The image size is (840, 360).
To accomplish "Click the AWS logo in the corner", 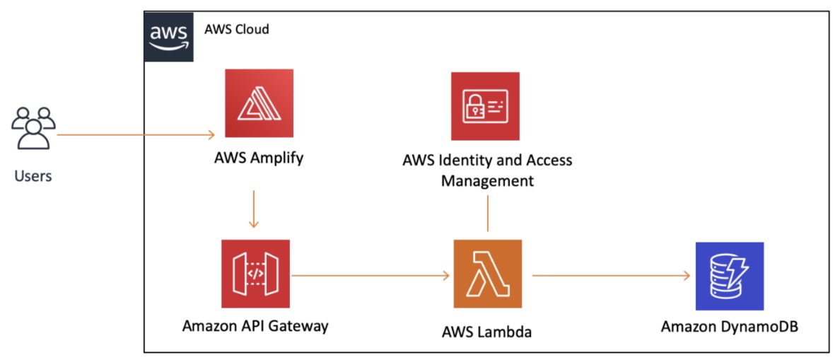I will pyautogui.click(x=169, y=36).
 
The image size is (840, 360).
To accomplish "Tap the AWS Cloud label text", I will pyautogui.click(x=236, y=30).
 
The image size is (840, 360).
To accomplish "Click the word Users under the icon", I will pyautogui.click(x=33, y=175).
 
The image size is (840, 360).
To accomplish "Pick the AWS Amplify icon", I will pyautogui.click(x=259, y=103).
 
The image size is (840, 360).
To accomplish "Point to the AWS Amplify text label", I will pyautogui.click(x=259, y=157).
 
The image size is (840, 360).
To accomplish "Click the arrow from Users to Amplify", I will pyautogui.click(x=134, y=134).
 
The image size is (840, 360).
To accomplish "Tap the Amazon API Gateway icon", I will pyautogui.click(x=256, y=274).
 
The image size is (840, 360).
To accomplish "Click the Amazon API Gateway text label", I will pyautogui.click(x=255, y=326).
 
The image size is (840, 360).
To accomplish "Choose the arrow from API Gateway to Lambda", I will pyautogui.click(x=371, y=275).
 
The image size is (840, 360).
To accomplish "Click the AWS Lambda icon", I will pyautogui.click(x=487, y=274).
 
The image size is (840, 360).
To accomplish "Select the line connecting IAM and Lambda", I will pyautogui.click(x=487, y=213).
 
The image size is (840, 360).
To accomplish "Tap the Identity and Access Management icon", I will pyautogui.click(x=485, y=106).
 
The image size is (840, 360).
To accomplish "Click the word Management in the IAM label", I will pyautogui.click(x=487, y=180).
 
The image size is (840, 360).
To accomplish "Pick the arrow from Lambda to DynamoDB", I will pyautogui.click(x=611, y=275).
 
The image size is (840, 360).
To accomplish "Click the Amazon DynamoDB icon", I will pyautogui.click(x=729, y=276).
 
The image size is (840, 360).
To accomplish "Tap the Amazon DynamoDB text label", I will pyautogui.click(x=730, y=327).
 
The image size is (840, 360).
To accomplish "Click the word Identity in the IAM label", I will pyautogui.click(x=462, y=160).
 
